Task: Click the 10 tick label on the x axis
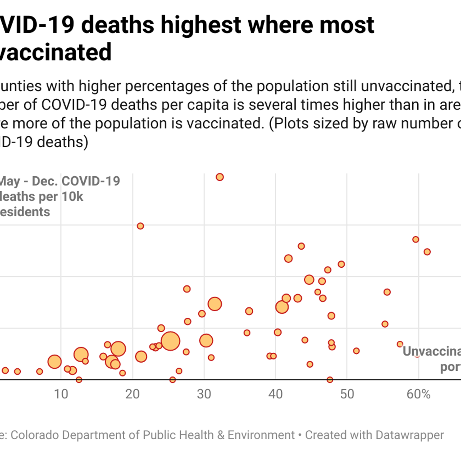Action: click(61, 394)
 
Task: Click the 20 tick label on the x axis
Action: click(133, 394)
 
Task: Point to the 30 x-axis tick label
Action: click(204, 394)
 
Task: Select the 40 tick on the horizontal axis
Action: click(275, 394)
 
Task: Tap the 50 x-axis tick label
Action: click(347, 394)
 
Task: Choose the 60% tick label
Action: click(419, 394)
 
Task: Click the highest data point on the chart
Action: click(220, 177)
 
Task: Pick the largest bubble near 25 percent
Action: click(171, 341)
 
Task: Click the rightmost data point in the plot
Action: click(427, 252)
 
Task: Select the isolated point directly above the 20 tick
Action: click(141, 226)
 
